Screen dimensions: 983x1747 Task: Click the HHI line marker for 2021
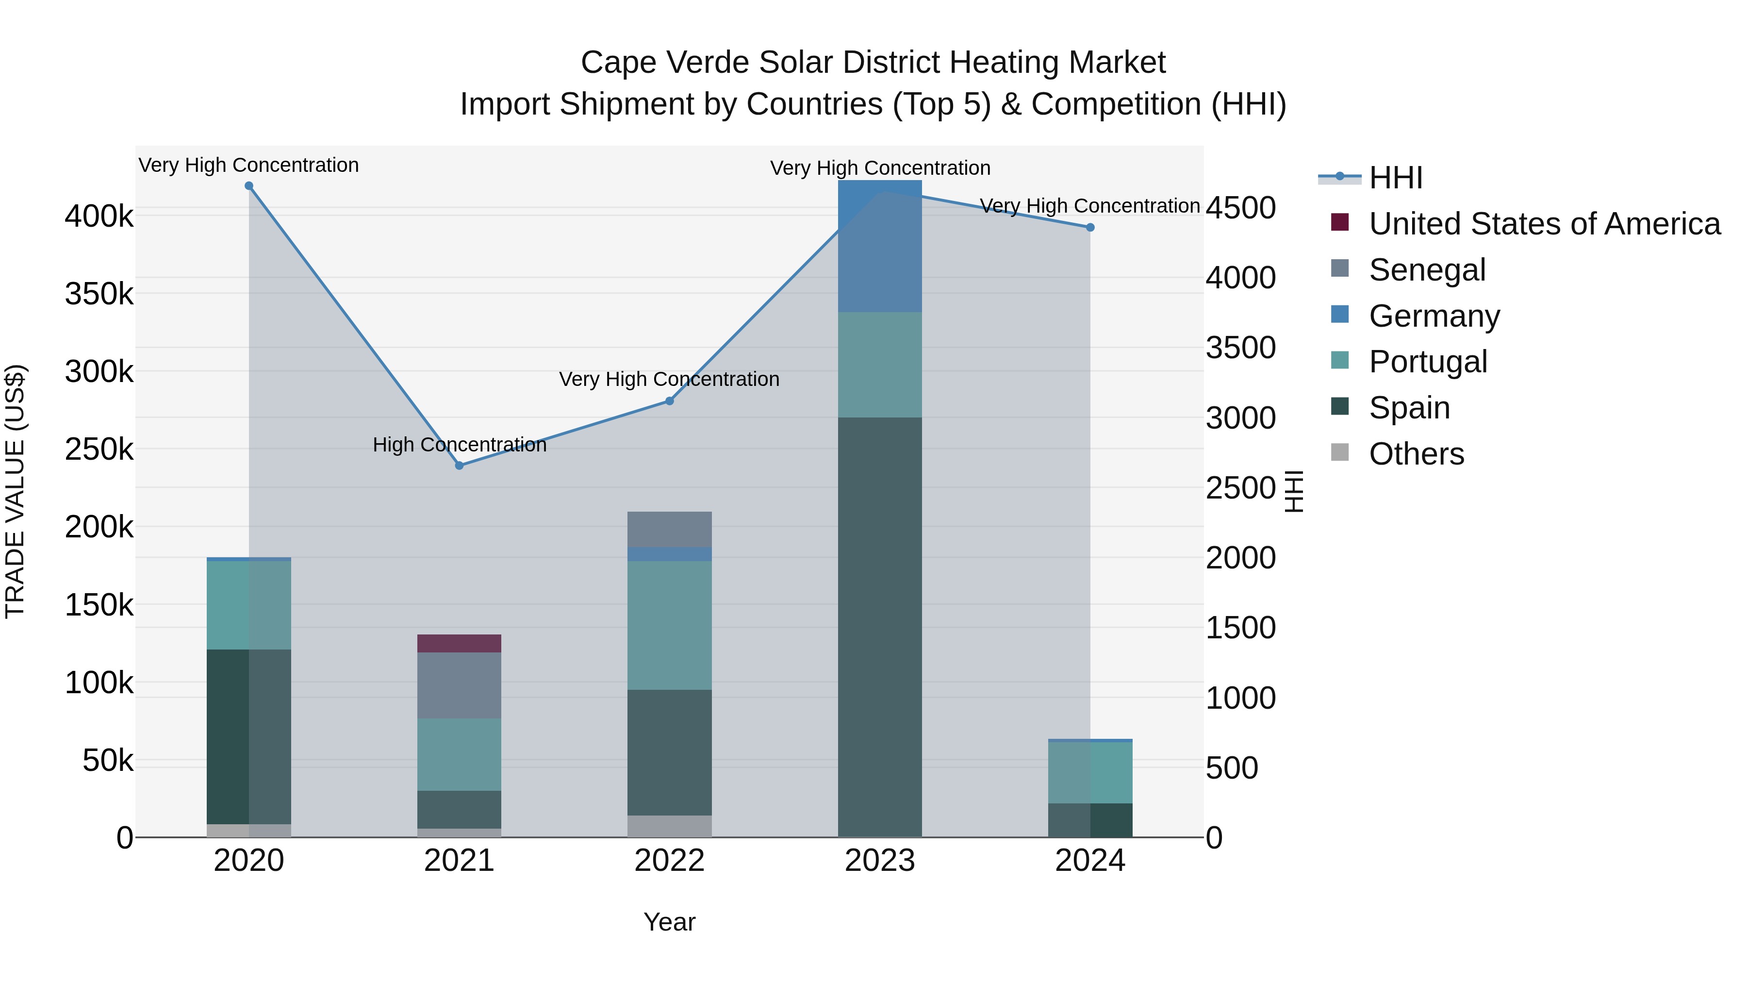(x=459, y=466)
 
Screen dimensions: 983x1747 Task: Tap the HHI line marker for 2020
(x=249, y=186)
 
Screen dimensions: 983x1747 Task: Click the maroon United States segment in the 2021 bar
(x=459, y=643)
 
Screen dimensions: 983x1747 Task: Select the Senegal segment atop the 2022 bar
(x=669, y=529)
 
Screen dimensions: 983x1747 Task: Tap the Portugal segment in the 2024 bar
(x=1090, y=773)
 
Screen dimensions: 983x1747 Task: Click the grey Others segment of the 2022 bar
(x=669, y=826)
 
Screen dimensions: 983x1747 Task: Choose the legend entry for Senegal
(x=1427, y=270)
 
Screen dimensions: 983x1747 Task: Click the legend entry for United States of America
(x=1544, y=224)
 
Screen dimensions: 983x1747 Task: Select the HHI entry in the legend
(x=1395, y=178)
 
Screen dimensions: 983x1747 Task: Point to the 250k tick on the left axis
(x=99, y=449)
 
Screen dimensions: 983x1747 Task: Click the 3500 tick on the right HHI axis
(x=1240, y=348)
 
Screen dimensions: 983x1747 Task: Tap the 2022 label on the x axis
(x=669, y=861)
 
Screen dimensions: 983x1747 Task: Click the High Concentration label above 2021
(x=459, y=445)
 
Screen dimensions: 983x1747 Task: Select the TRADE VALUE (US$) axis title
(x=15, y=491)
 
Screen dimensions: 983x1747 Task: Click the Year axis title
(x=669, y=922)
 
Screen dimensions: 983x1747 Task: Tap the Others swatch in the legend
(x=1339, y=452)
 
